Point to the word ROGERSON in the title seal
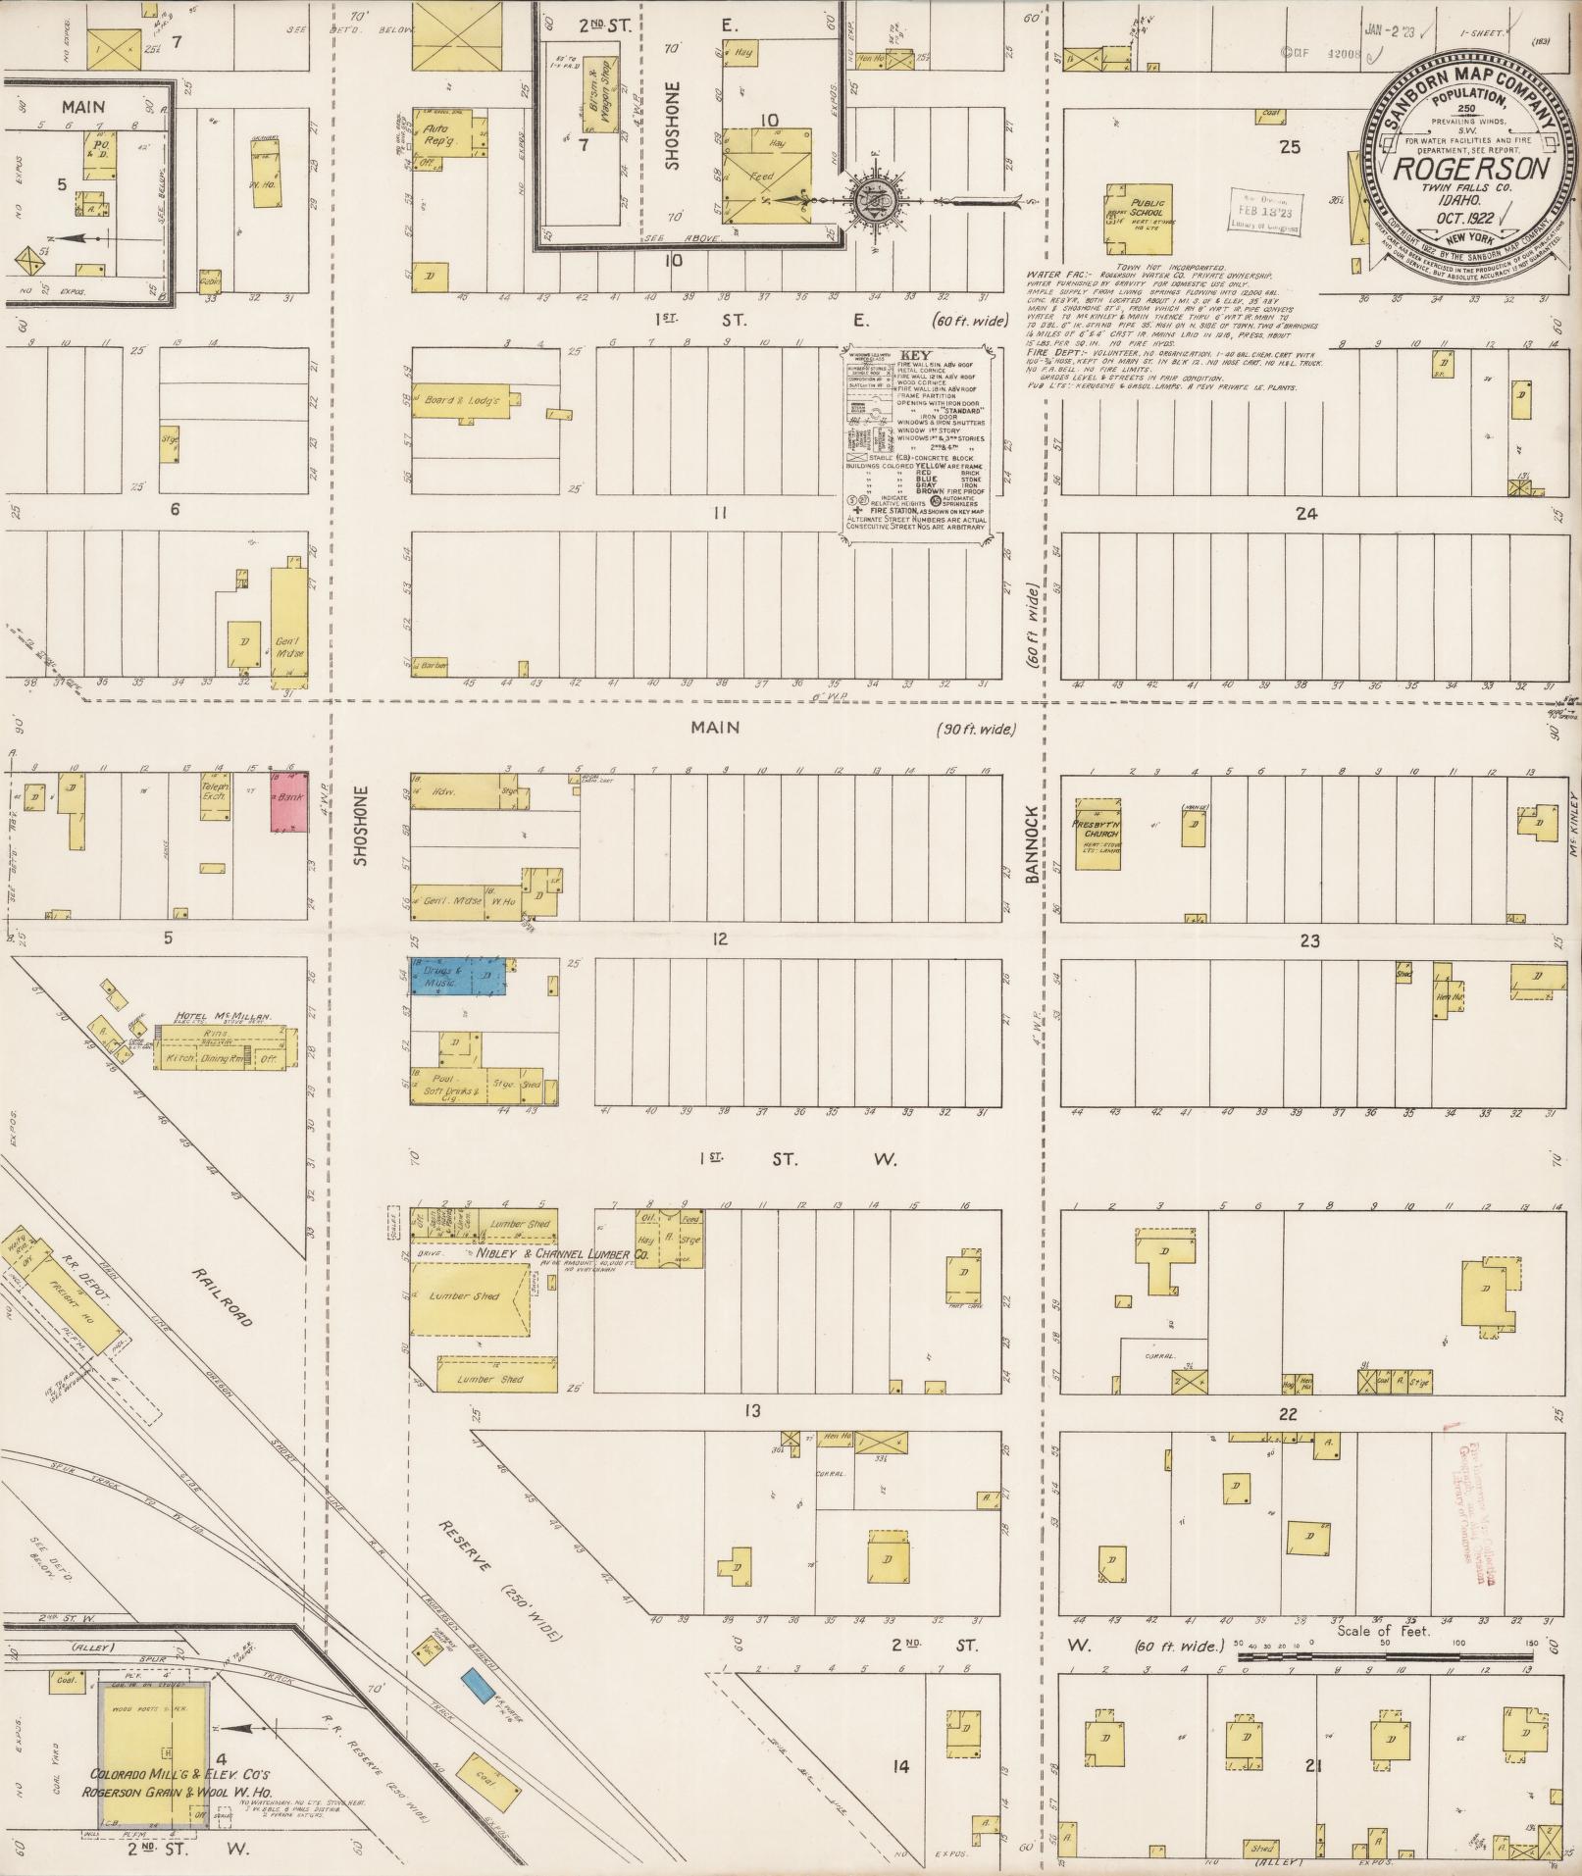(x=1471, y=168)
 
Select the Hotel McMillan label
(x=223, y=1016)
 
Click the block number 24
(x=1305, y=514)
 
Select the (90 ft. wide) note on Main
(x=976, y=730)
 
